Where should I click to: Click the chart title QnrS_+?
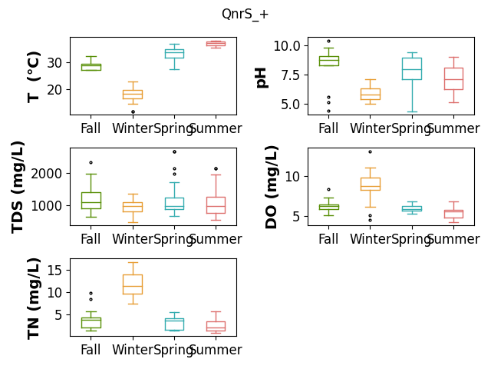[245, 15]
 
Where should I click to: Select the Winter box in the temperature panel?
[133, 95]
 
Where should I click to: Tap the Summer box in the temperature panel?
[216, 44]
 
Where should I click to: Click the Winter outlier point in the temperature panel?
[133, 111]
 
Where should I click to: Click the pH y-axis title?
[261, 77]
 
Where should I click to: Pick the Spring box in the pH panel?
[412, 68]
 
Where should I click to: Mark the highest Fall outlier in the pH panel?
[328, 41]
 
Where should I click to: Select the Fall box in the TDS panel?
[91, 201]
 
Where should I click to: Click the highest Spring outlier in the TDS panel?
[174, 152]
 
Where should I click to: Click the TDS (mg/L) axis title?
[18, 188]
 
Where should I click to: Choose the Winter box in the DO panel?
[371, 184]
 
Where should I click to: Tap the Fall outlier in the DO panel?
[328, 190]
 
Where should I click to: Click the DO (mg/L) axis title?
[271, 188]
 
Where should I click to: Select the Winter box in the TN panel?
[133, 284]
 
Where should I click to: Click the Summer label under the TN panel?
[216, 350]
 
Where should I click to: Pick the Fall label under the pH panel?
[328, 128]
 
